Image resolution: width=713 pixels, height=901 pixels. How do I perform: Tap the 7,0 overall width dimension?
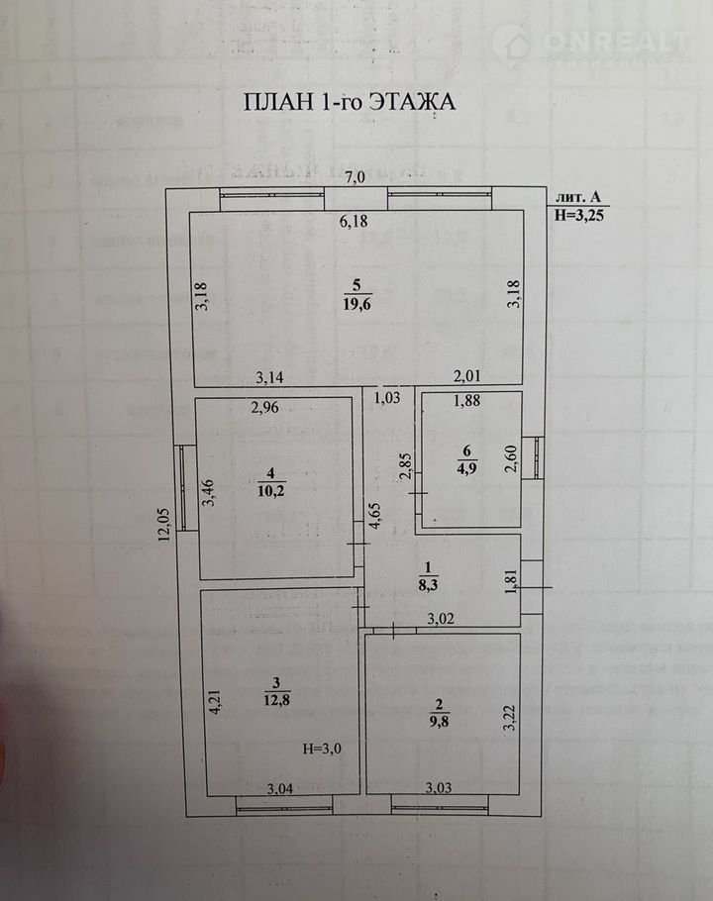point(355,178)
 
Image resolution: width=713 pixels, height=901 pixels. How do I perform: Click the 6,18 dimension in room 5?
point(354,222)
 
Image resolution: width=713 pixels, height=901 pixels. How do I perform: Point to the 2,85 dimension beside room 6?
point(404,466)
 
